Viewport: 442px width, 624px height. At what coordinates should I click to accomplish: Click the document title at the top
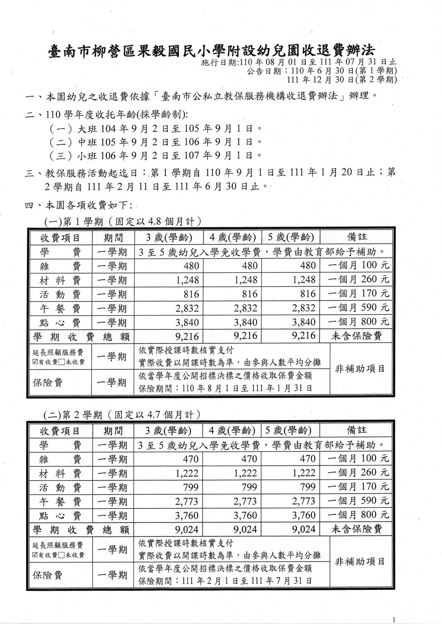click(x=211, y=51)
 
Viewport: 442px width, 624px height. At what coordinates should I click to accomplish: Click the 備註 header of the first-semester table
click(x=357, y=237)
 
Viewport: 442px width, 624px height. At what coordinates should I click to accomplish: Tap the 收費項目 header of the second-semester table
click(x=60, y=431)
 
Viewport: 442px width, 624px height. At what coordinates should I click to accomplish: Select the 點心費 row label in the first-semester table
click(x=60, y=323)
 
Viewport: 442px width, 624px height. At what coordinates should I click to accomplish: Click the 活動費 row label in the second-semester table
click(x=60, y=487)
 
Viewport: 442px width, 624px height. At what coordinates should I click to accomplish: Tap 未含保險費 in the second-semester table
click(x=357, y=529)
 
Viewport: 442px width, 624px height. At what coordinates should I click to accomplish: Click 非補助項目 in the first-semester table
click(x=360, y=369)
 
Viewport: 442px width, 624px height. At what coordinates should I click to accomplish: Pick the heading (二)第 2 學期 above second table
click(x=123, y=414)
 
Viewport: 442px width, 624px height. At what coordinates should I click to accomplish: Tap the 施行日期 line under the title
click(x=299, y=62)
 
